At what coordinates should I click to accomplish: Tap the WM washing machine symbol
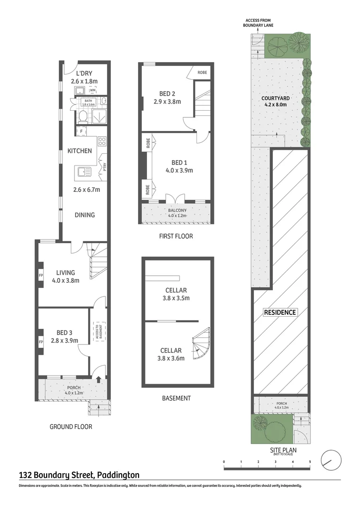click(x=93, y=90)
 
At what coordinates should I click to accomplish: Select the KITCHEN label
click(x=80, y=151)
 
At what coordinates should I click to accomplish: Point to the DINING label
click(x=85, y=215)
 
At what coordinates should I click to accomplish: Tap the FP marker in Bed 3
click(x=41, y=341)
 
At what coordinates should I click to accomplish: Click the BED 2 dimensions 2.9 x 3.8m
click(x=167, y=101)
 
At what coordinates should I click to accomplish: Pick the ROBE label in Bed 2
click(x=202, y=73)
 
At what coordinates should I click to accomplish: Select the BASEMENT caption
click(x=176, y=398)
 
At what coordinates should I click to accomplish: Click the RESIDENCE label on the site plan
click(x=280, y=312)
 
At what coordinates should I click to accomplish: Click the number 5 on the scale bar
click(x=310, y=461)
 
